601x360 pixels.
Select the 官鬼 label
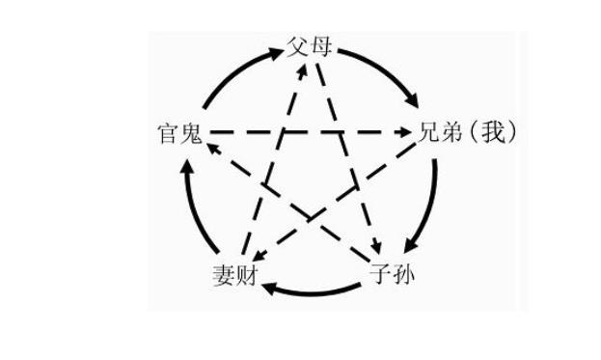(180, 133)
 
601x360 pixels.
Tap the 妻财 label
(234, 274)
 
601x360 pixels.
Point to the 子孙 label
(394, 272)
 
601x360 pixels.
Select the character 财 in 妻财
(245, 274)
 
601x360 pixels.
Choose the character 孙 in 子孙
(404, 272)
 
